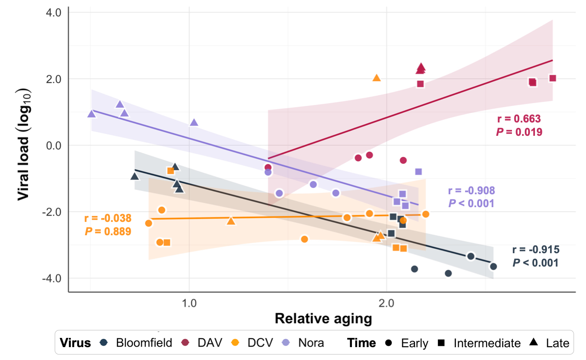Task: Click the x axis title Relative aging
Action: coord(323,319)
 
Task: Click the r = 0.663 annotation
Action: coord(519,119)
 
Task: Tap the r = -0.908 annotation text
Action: coord(471,191)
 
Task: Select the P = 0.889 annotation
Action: coord(108,232)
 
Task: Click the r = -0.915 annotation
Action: coord(536,250)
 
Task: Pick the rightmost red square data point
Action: coord(552,78)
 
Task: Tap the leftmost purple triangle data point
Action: coord(92,114)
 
